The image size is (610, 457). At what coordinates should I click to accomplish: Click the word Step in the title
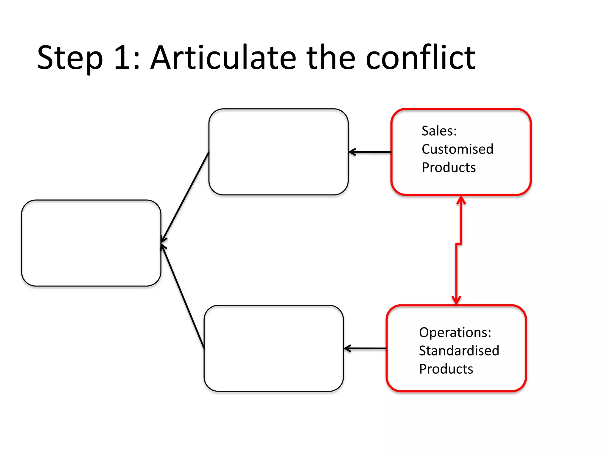pos(70,58)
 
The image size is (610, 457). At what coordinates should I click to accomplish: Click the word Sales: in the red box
pos(439,131)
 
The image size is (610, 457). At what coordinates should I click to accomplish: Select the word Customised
pos(457,149)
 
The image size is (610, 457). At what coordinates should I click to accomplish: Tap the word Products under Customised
pos(449,168)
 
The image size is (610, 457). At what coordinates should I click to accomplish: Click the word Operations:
pos(455,332)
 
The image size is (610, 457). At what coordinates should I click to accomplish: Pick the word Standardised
pos(459,351)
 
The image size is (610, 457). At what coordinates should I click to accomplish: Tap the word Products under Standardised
pos(446,369)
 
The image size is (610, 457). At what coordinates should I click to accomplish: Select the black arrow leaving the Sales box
pos(369,152)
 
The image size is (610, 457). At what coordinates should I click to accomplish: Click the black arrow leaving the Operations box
pos(365,348)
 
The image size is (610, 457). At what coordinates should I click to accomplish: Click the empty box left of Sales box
pos(278,152)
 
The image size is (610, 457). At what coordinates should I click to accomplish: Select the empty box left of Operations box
pos(274,348)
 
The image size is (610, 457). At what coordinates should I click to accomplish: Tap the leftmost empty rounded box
pos(91,243)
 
